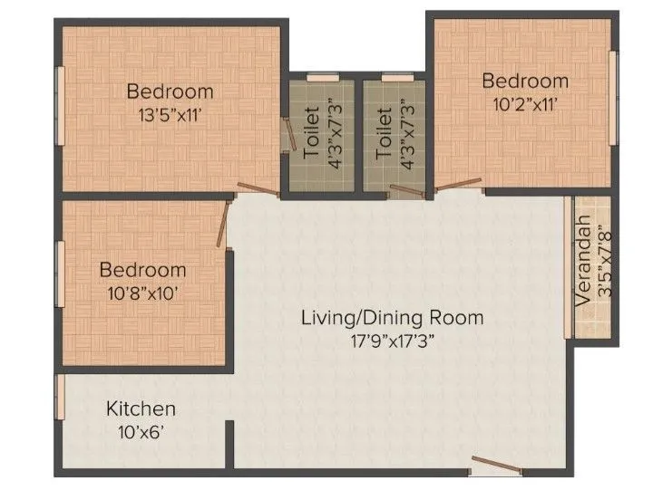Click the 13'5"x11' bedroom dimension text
coord(170,115)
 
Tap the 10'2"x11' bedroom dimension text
coord(525,103)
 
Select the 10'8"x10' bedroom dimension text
coord(142,293)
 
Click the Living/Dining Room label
coord(392,318)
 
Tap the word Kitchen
coord(141,408)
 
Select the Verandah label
coord(583,259)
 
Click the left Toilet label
coord(312,135)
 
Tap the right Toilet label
coord(385,135)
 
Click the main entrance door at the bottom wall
coord(496,468)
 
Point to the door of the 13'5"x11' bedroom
coord(259,188)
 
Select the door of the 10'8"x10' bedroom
coord(223,222)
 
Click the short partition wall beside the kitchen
coord(230,444)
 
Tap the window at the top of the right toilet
coord(394,77)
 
